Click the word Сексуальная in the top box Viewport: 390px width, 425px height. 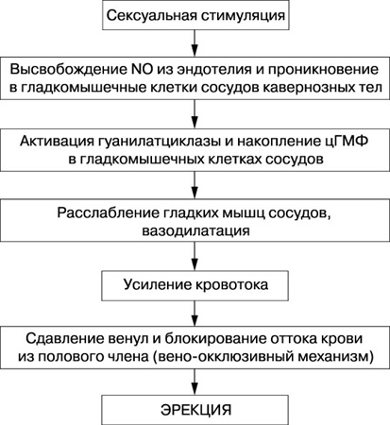point(151,15)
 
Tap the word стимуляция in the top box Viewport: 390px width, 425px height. point(243,16)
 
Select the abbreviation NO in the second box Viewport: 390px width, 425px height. point(140,69)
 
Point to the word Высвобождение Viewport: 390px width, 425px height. point(68,69)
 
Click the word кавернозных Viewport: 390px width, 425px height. point(309,88)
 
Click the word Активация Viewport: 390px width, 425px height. point(57,142)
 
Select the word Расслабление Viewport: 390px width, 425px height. point(109,213)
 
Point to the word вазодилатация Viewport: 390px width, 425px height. point(195,230)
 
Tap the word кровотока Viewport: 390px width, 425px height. point(231,285)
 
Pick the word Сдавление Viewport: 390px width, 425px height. point(64,339)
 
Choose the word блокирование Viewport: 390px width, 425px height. point(215,339)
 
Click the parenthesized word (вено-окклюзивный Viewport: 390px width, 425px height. point(220,357)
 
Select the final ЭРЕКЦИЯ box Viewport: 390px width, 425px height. point(195,410)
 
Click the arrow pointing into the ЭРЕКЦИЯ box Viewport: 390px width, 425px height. point(195,382)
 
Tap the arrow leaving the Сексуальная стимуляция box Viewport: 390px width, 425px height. point(195,43)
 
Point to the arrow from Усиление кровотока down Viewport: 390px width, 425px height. point(195,314)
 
